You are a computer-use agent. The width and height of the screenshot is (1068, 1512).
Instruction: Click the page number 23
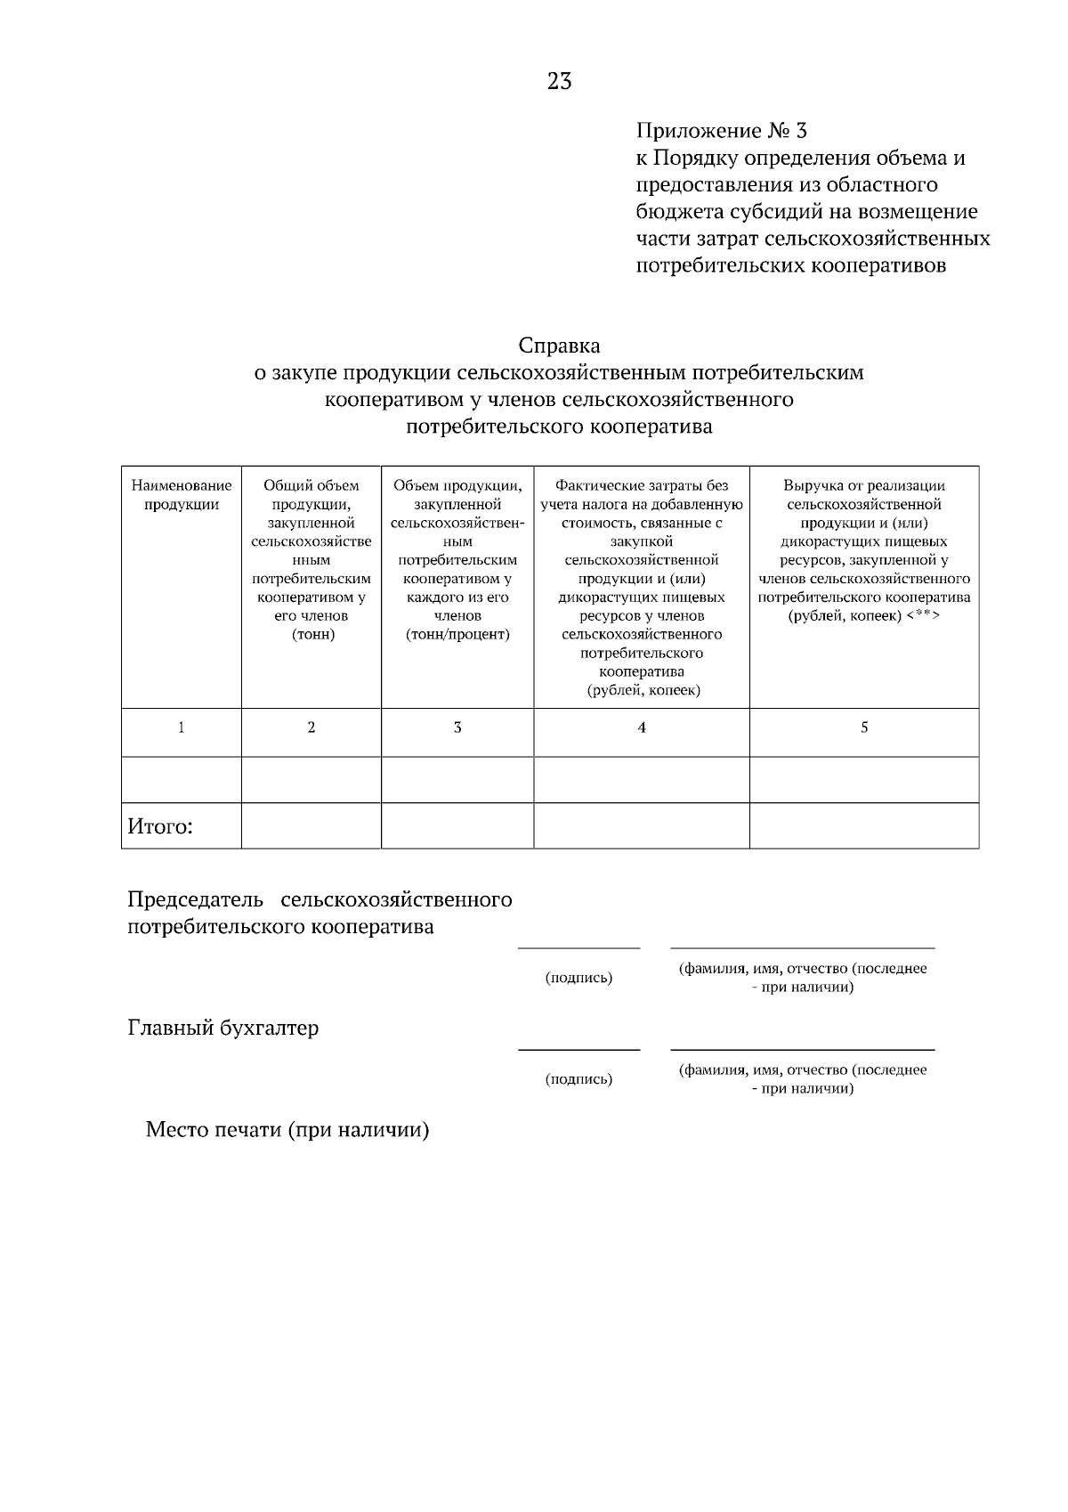(560, 82)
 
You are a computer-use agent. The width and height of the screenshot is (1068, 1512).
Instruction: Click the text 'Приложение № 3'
(721, 131)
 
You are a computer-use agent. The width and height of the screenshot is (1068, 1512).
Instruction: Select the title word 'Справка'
(559, 345)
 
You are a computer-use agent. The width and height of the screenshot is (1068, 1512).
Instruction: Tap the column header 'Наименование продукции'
(182, 495)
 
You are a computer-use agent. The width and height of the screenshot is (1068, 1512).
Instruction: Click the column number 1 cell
(182, 728)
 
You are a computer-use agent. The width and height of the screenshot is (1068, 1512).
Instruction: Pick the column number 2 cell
(311, 728)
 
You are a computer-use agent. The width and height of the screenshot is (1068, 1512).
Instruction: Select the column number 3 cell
(457, 728)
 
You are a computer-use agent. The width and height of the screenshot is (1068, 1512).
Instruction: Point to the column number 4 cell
(642, 728)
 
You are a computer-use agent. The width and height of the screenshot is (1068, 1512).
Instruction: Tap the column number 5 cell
(864, 728)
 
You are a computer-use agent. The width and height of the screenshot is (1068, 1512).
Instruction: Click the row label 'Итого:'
(160, 826)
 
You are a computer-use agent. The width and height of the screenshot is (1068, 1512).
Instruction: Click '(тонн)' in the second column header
(312, 634)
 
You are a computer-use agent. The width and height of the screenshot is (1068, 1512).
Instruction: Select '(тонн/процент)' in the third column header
(457, 634)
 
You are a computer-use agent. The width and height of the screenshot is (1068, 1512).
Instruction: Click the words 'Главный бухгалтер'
(223, 1028)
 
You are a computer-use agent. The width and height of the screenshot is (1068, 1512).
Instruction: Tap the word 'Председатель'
(191, 899)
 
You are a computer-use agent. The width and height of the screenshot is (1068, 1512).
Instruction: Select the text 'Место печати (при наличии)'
(287, 1131)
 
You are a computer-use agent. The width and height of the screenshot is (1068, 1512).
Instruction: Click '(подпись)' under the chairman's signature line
(578, 978)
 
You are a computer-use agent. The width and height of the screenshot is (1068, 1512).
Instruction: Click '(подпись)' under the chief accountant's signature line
(578, 1079)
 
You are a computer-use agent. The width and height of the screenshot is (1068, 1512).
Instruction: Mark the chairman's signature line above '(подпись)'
(578, 948)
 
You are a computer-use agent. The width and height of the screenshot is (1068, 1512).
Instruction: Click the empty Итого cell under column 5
(864, 825)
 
